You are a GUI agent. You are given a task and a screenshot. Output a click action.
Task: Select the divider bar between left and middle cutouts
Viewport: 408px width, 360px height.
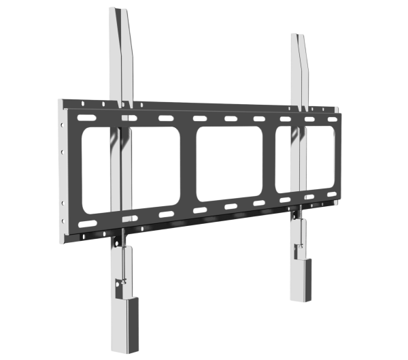(188, 167)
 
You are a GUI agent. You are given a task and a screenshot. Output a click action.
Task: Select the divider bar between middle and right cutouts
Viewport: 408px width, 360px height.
(269, 162)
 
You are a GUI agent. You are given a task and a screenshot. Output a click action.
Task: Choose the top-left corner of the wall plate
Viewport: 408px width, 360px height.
(59, 99)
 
